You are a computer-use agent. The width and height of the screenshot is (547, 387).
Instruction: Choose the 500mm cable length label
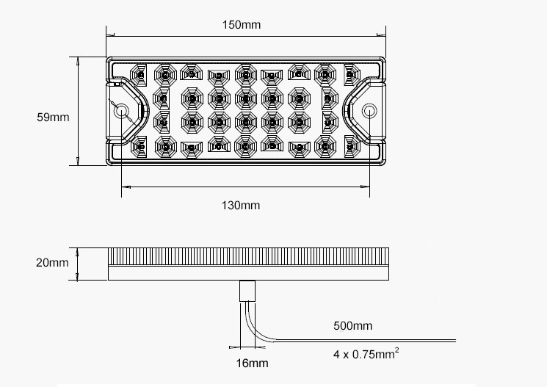pyautogui.click(x=352, y=325)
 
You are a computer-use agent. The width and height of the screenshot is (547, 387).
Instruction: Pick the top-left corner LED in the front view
pyautogui.click(x=137, y=73)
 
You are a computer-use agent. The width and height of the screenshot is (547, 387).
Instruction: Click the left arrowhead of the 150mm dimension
pyautogui.click(x=109, y=33)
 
